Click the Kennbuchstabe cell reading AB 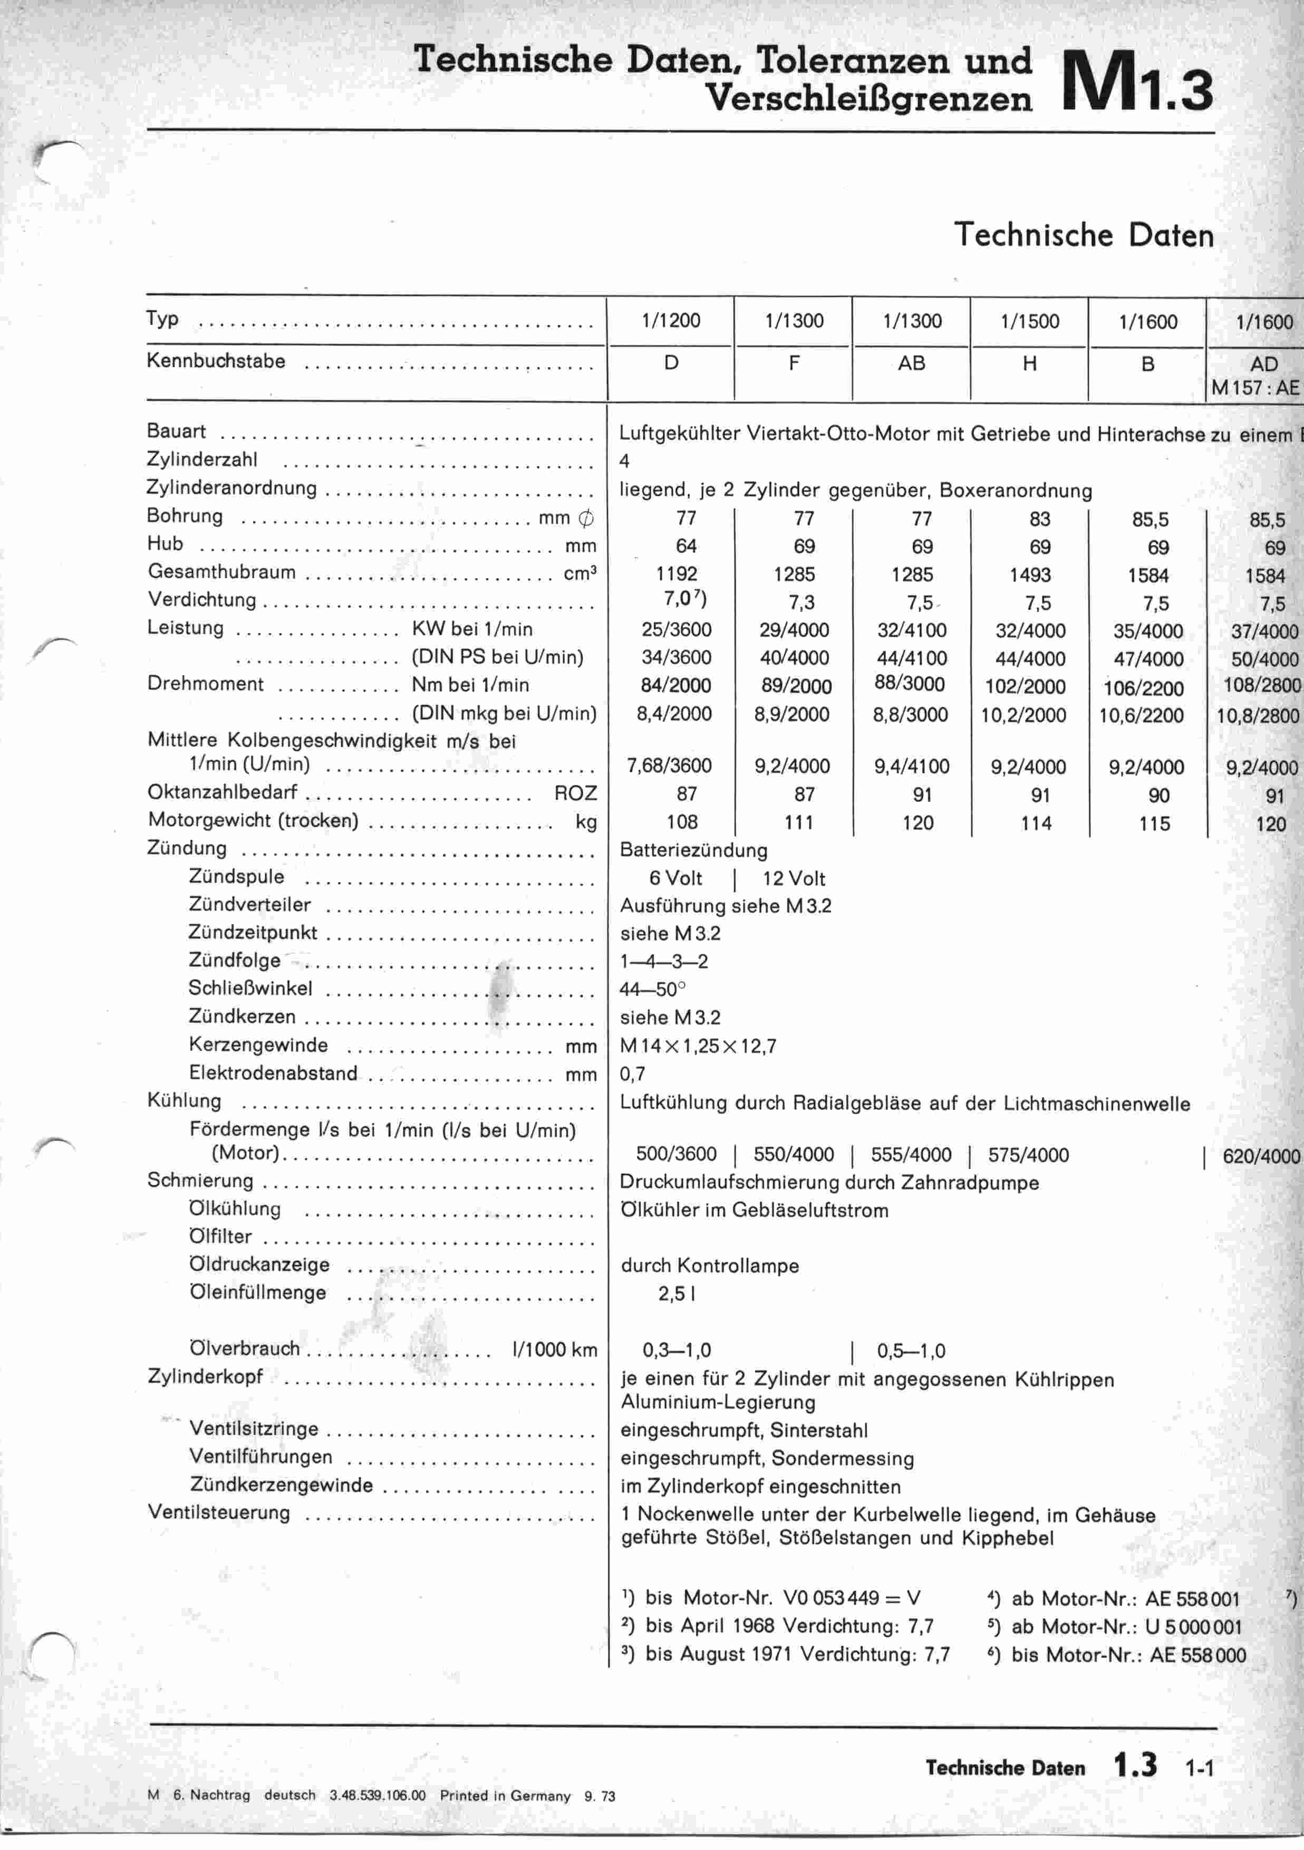[x=911, y=363]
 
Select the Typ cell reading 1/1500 [x=1029, y=321]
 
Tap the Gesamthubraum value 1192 [x=677, y=574]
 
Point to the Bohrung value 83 [x=1040, y=520]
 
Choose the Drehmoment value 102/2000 [x=1025, y=686]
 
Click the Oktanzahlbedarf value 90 [x=1158, y=796]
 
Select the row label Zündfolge [x=234, y=961]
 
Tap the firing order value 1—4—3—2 [x=664, y=961]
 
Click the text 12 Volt [x=794, y=878]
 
